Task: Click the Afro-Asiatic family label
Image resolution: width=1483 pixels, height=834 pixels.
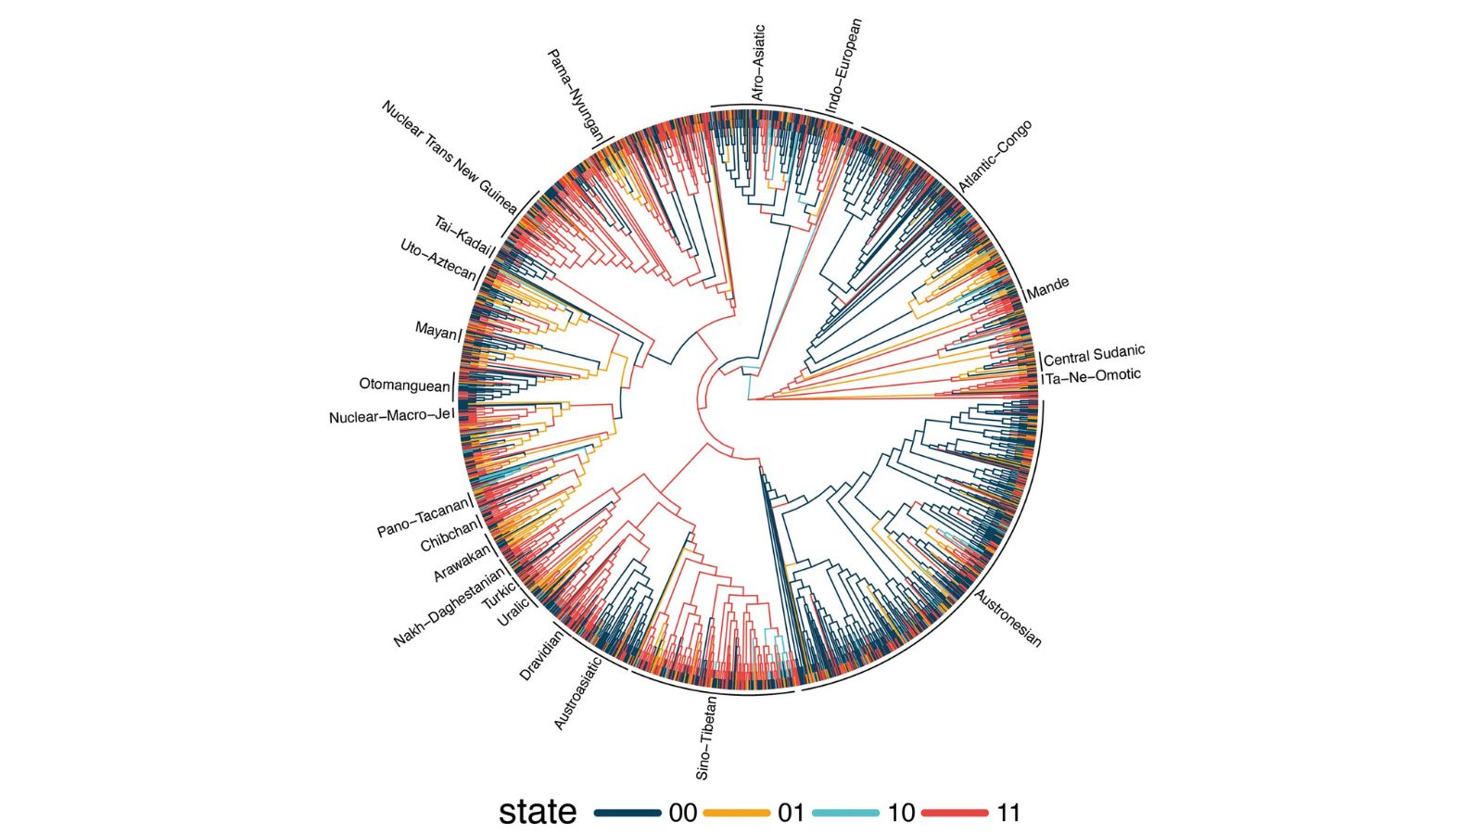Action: (x=758, y=64)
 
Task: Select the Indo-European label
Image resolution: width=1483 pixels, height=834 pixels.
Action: (x=843, y=67)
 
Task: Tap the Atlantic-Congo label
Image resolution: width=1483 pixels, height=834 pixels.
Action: (x=995, y=157)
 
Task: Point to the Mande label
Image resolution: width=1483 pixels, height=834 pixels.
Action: (x=1048, y=288)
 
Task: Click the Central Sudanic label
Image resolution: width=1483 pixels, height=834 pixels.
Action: (x=1095, y=355)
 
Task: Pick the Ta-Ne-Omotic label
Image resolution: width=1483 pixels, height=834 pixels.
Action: (x=1094, y=376)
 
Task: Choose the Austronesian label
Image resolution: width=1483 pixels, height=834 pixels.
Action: (x=1008, y=618)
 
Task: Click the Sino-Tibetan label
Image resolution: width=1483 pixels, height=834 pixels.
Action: (x=707, y=738)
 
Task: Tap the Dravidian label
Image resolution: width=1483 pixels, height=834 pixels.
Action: (x=541, y=654)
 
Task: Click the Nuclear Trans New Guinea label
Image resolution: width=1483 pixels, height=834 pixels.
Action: (x=449, y=158)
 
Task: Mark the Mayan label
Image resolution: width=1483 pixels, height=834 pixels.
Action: (x=436, y=330)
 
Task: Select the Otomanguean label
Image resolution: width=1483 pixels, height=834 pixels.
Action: (x=404, y=385)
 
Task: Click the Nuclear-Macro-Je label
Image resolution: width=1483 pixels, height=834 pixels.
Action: (x=389, y=417)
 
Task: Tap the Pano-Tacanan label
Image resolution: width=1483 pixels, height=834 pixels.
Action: (x=423, y=519)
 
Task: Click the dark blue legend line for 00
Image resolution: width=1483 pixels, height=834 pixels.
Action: (x=627, y=813)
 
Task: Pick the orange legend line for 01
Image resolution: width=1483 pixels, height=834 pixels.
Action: (x=737, y=813)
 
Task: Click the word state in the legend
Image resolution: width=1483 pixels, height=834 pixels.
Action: (x=538, y=812)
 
